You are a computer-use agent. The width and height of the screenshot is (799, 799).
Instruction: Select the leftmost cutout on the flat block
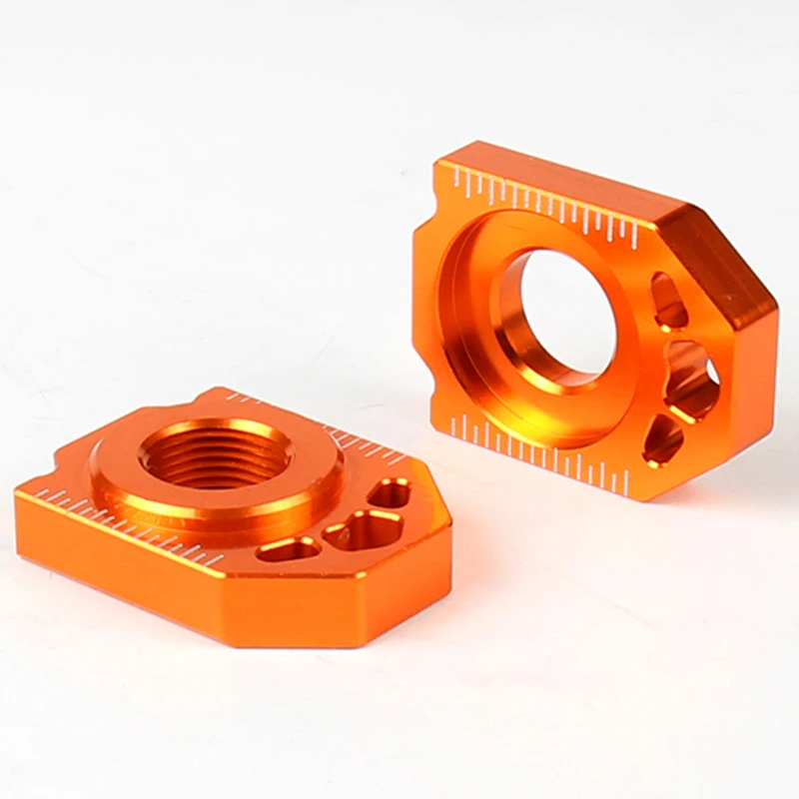click(x=290, y=548)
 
